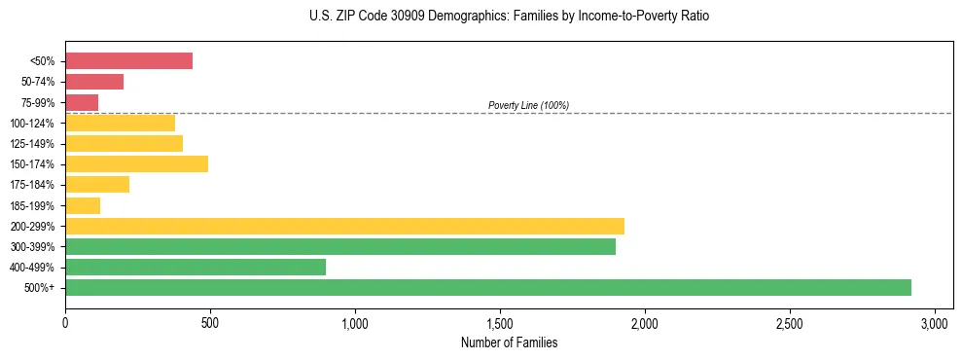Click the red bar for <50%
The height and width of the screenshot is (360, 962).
coord(128,61)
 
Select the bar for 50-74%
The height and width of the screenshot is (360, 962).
coord(94,82)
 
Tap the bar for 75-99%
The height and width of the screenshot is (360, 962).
coord(82,102)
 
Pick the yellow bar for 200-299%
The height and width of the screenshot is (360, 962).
coord(344,226)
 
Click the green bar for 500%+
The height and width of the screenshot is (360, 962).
coord(487,287)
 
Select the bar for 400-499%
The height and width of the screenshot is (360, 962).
coord(196,267)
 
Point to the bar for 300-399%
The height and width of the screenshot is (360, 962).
coord(340,246)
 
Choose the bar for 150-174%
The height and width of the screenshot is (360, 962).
coord(136,163)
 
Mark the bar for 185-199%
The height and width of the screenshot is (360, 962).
coord(83,205)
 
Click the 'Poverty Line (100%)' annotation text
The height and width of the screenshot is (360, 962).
coord(528,105)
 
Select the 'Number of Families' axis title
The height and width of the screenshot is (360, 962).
coord(509,342)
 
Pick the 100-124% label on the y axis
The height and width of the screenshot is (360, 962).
coord(32,124)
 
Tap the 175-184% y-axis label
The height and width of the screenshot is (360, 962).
coord(32,185)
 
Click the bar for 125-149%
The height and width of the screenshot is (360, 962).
coord(124,143)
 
